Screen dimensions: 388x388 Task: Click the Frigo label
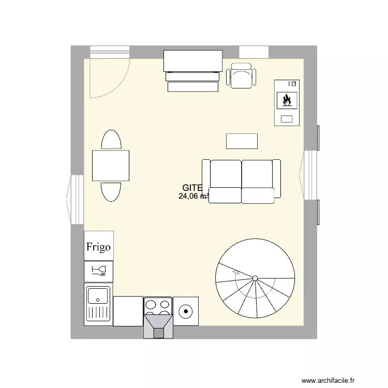(98, 247)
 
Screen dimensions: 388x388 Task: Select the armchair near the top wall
(242, 76)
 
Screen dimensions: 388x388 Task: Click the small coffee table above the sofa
(242, 141)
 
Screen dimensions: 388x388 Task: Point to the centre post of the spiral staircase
(255, 279)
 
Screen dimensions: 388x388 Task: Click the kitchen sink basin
(98, 296)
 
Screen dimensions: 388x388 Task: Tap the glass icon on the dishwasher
(98, 271)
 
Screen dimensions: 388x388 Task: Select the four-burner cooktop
(157, 306)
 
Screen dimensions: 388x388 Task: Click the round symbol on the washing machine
(185, 311)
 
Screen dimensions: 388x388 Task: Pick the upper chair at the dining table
(111, 140)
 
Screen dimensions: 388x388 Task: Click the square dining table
(111, 166)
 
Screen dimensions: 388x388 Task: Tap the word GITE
(191, 188)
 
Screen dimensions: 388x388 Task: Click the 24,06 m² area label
(192, 197)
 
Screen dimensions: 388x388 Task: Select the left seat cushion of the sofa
(226, 174)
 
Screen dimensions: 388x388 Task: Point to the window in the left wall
(77, 199)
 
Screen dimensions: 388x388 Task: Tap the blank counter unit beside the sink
(127, 311)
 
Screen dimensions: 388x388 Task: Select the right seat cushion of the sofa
(257, 174)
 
